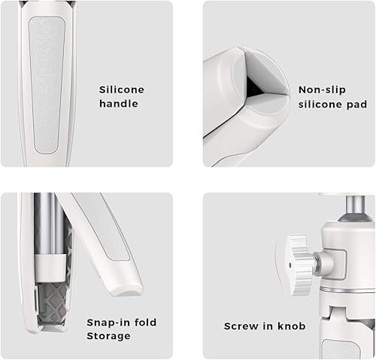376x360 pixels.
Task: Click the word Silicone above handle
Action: pyautogui.click(x=121, y=89)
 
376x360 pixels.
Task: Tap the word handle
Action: pyautogui.click(x=119, y=104)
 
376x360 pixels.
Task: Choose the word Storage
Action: pyautogui.click(x=108, y=335)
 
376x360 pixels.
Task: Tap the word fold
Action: pyautogui.click(x=144, y=322)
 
